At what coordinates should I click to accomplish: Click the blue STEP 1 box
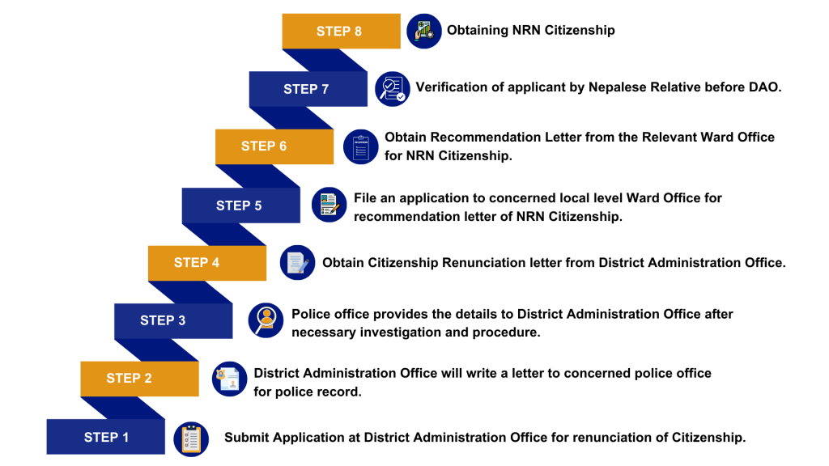pyautogui.click(x=105, y=437)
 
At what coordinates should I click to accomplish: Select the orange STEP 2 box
pyautogui.click(x=139, y=379)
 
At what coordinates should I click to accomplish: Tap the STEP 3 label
pyautogui.click(x=163, y=320)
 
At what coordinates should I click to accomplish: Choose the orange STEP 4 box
pyautogui.click(x=206, y=263)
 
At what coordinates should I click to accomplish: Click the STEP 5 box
pyautogui.click(x=240, y=205)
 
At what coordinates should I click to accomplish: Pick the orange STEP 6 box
pyautogui.click(x=274, y=146)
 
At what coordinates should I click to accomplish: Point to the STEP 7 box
pyautogui.click(x=308, y=89)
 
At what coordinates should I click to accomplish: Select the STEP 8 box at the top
pyautogui.click(x=341, y=31)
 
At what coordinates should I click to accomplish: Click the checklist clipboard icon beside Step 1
pyautogui.click(x=191, y=439)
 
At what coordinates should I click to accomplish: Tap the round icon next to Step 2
pyautogui.click(x=229, y=379)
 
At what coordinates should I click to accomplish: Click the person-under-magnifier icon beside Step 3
pyautogui.click(x=266, y=320)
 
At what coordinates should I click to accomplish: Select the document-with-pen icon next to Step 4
pyautogui.click(x=297, y=263)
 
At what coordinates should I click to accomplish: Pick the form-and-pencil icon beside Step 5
pyautogui.click(x=329, y=205)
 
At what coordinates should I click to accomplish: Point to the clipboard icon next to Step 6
pyautogui.click(x=361, y=147)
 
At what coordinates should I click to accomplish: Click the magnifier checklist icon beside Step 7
pyautogui.click(x=393, y=89)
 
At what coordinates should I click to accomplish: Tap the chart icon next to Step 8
pyautogui.click(x=424, y=32)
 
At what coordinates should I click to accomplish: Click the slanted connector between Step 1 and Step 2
pyautogui.click(x=121, y=408)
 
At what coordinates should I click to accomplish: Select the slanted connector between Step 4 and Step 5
pyautogui.click(x=223, y=235)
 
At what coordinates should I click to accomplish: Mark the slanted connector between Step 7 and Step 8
pyautogui.click(x=325, y=60)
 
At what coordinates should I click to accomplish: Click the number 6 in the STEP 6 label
pyautogui.click(x=283, y=146)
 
